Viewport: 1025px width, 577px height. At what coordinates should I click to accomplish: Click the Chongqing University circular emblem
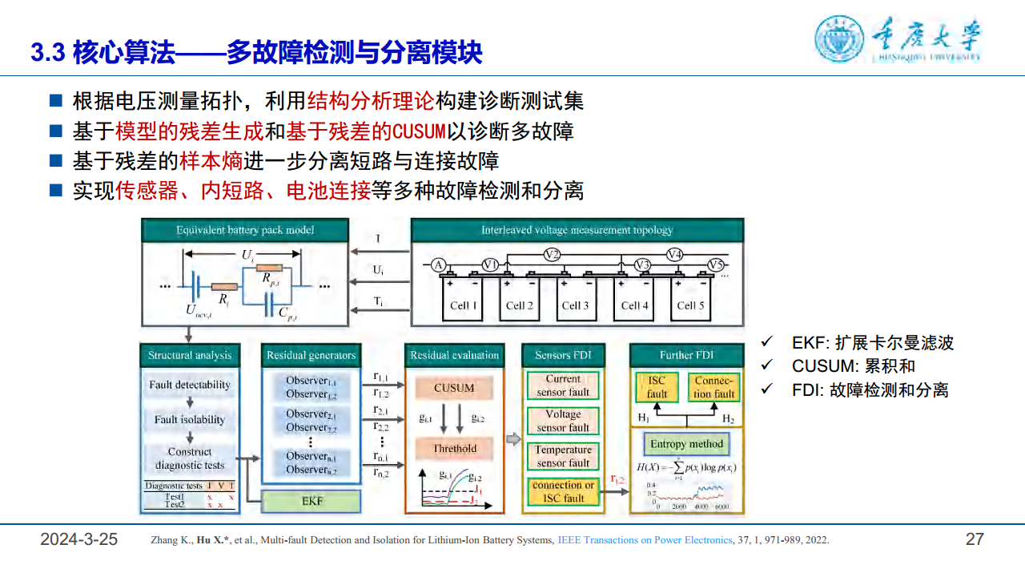coord(840,39)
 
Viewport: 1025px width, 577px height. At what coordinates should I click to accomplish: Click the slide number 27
coord(974,539)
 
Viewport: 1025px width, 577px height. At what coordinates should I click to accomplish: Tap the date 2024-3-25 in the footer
coord(79,539)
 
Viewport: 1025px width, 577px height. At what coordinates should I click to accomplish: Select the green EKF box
coord(312,502)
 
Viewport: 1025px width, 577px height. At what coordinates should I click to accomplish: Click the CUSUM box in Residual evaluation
coord(454,388)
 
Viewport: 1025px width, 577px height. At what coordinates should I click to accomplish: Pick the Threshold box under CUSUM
coord(454,449)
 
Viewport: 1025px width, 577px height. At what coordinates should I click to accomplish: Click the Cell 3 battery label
coord(575,305)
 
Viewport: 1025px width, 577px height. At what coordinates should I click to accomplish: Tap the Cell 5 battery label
coord(690,305)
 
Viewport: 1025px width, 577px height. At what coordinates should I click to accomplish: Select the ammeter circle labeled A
coord(438,265)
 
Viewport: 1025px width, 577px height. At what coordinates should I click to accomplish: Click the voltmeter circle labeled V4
coord(675,255)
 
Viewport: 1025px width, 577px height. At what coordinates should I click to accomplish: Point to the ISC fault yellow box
coord(657,388)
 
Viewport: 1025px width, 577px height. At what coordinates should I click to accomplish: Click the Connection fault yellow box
coord(713,388)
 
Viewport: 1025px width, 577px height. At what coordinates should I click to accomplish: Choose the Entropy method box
coord(686,444)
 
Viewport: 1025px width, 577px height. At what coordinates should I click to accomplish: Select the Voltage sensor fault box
coord(563,421)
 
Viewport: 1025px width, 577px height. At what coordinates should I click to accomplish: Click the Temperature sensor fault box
coord(563,456)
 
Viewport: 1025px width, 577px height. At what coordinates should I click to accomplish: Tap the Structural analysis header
coord(190,355)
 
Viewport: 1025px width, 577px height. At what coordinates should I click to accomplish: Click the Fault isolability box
coord(190,419)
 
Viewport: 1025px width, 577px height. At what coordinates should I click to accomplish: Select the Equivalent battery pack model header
coord(245,230)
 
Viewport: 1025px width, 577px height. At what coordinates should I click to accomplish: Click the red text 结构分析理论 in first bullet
coord(371,101)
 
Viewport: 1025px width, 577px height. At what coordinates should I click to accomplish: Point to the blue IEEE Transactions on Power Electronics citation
coord(645,540)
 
